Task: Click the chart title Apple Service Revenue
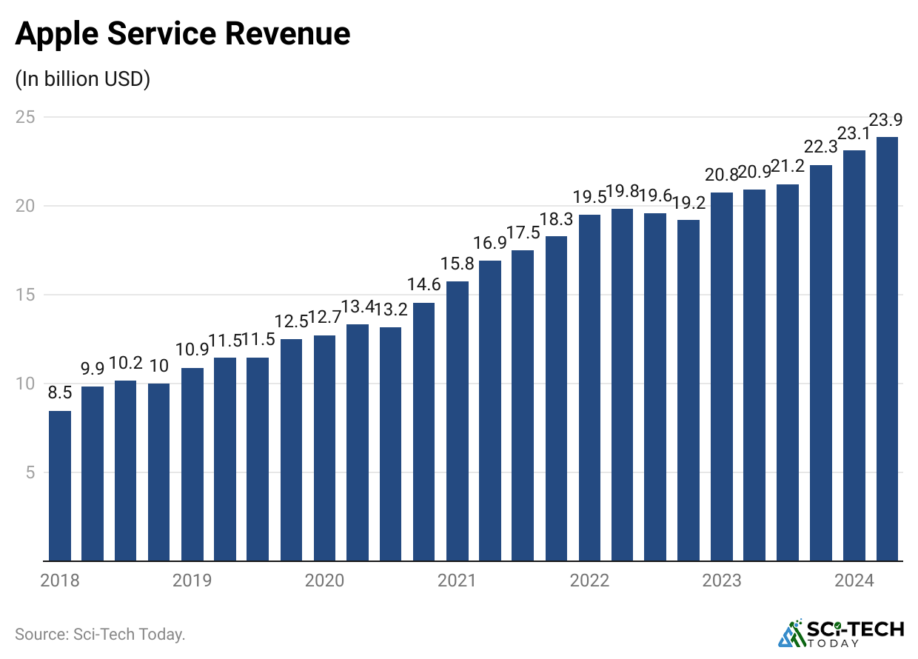pyautogui.click(x=182, y=35)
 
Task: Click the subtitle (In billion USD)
pyautogui.click(x=82, y=79)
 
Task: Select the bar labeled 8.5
pyautogui.click(x=60, y=486)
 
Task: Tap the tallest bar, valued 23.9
pyautogui.click(x=888, y=349)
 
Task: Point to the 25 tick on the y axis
pyautogui.click(x=27, y=117)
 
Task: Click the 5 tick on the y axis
pyautogui.click(x=31, y=472)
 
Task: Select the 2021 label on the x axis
pyautogui.click(x=457, y=581)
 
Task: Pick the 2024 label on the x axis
pyautogui.click(x=854, y=581)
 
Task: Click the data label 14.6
pyautogui.click(x=424, y=284)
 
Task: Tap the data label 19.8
pyautogui.click(x=623, y=193)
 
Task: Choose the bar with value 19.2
pyautogui.click(x=688, y=390)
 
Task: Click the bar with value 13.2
pyautogui.click(x=391, y=444)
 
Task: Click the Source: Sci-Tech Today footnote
pyautogui.click(x=100, y=635)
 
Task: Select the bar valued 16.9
pyautogui.click(x=490, y=411)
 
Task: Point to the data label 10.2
pyautogui.click(x=126, y=364)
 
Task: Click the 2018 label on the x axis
pyautogui.click(x=60, y=581)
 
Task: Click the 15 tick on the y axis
pyautogui.click(x=27, y=295)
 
